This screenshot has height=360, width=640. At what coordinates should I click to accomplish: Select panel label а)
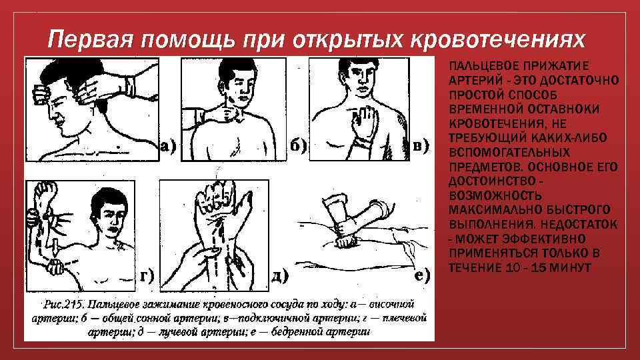[168, 146]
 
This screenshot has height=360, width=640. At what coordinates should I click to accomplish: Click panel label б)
[298, 146]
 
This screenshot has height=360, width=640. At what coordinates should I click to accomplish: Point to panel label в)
[421, 146]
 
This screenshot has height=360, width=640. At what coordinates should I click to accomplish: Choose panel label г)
[147, 276]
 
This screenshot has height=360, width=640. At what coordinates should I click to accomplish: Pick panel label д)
[280, 276]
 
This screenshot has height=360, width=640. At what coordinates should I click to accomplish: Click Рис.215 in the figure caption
[64, 305]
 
